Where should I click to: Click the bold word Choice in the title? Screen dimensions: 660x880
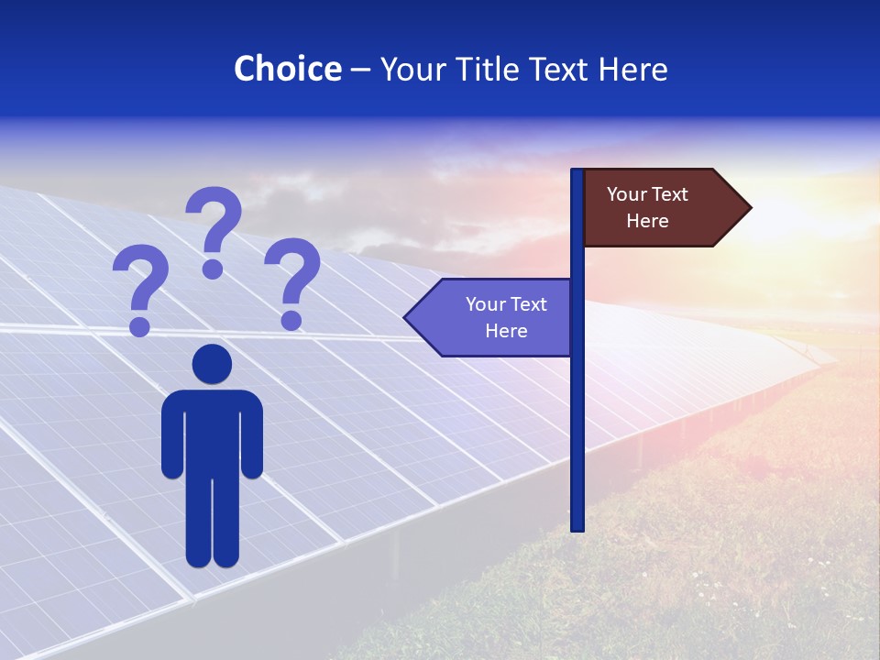[x=287, y=69]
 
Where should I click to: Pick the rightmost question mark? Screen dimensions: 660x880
[x=292, y=274]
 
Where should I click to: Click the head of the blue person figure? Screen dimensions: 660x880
[x=212, y=364]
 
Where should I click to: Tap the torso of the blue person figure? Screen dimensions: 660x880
[x=212, y=431]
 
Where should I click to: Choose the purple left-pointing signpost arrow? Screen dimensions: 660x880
[x=490, y=317]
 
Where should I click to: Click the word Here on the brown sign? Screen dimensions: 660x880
[x=647, y=221]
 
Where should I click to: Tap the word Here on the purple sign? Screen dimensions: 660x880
[x=506, y=331]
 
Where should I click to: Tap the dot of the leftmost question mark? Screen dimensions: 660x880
[x=140, y=325]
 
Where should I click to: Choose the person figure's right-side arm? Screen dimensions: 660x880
[x=251, y=435]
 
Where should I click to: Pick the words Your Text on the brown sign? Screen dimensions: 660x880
[x=647, y=194]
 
